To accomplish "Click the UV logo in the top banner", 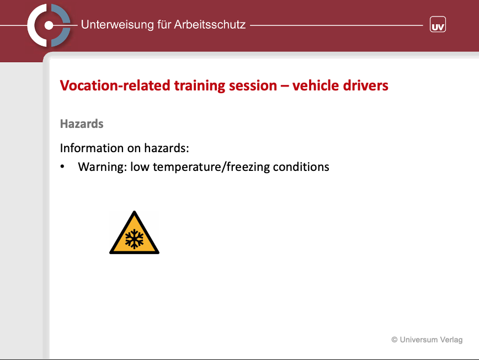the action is point(438,24).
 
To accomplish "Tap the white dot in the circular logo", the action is point(49,25).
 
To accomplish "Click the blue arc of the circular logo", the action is point(61,25).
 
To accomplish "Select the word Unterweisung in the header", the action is point(118,24).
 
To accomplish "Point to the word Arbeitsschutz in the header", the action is point(210,24).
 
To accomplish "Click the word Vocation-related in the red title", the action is point(115,85).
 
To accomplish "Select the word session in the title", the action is point(253,85).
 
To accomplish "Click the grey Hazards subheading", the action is point(82,124).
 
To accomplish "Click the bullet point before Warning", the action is point(62,166).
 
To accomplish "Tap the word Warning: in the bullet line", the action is point(102,167).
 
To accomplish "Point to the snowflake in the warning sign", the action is point(135,239).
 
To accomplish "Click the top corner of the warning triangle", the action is point(135,211).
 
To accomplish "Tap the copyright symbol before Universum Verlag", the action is point(395,340).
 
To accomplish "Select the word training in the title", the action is point(200,86).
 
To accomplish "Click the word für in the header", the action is point(164,24).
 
